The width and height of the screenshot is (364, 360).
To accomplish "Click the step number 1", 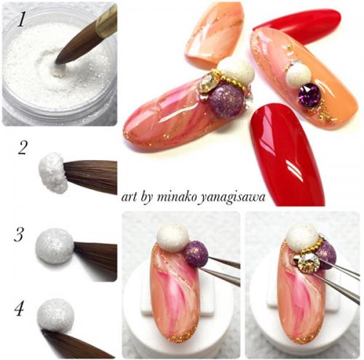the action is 21,19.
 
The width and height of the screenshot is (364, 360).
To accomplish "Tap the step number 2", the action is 22,148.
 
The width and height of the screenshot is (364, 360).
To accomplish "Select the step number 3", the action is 18,234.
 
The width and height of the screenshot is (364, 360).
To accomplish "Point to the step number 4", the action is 20,309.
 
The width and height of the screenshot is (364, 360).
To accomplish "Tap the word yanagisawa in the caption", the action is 232,199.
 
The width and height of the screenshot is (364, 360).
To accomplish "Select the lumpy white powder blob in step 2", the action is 52,172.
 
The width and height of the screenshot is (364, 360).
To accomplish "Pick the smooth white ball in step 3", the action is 55,246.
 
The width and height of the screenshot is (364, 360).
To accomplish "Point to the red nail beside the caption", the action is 288,155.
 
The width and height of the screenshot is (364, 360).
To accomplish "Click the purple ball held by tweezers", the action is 197,253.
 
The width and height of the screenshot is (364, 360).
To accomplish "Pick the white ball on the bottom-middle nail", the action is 173,237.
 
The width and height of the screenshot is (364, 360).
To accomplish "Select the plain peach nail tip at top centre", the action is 214,35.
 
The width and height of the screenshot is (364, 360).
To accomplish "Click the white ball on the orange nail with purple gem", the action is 298,73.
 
